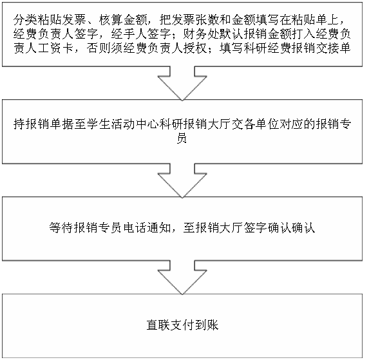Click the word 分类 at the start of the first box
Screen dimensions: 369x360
(x=25, y=20)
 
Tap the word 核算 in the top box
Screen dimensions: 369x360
(x=111, y=20)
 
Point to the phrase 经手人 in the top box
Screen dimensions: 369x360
(x=129, y=34)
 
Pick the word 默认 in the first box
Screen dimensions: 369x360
(x=232, y=34)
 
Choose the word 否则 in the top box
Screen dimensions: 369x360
(x=99, y=48)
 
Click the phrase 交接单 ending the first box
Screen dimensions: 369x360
(x=334, y=48)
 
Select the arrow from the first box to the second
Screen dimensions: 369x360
(x=182, y=84)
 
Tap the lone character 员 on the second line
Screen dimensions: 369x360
(x=182, y=138)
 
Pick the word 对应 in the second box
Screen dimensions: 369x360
(x=291, y=124)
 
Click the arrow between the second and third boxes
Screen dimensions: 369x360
(x=182, y=181)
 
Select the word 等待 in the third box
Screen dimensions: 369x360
(x=61, y=228)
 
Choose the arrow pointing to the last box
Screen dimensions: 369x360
(x=182, y=278)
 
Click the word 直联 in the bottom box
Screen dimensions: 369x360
(x=158, y=325)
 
